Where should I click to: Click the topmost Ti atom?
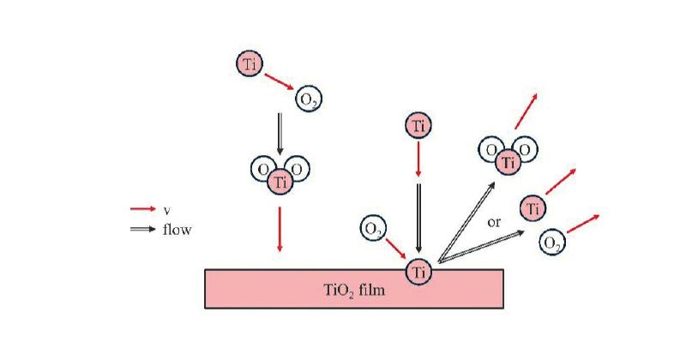(x=250, y=64)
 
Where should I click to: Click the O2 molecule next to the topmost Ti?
(x=309, y=99)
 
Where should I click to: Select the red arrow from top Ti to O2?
(x=280, y=81)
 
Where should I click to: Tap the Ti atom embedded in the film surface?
(x=418, y=272)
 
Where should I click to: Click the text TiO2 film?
(x=354, y=290)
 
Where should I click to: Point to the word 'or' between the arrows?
(x=494, y=223)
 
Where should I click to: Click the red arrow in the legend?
(x=143, y=208)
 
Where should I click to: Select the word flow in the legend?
(x=178, y=229)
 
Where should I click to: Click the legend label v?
(x=166, y=210)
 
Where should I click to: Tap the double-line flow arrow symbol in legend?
(x=143, y=229)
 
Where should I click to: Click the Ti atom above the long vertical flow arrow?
(x=418, y=125)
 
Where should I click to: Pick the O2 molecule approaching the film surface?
(x=373, y=229)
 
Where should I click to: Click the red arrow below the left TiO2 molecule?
(x=280, y=229)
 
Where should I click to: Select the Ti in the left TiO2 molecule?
(x=280, y=182)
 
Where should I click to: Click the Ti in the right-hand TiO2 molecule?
(x=508, y=162)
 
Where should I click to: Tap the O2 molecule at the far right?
(x=552, y=243)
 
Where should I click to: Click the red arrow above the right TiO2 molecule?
(x=526, y=111)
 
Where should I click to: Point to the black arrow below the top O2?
(x=280, y=134)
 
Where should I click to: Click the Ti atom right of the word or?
(x=533, y=208)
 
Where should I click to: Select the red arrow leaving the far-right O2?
(x=583, y=224)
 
